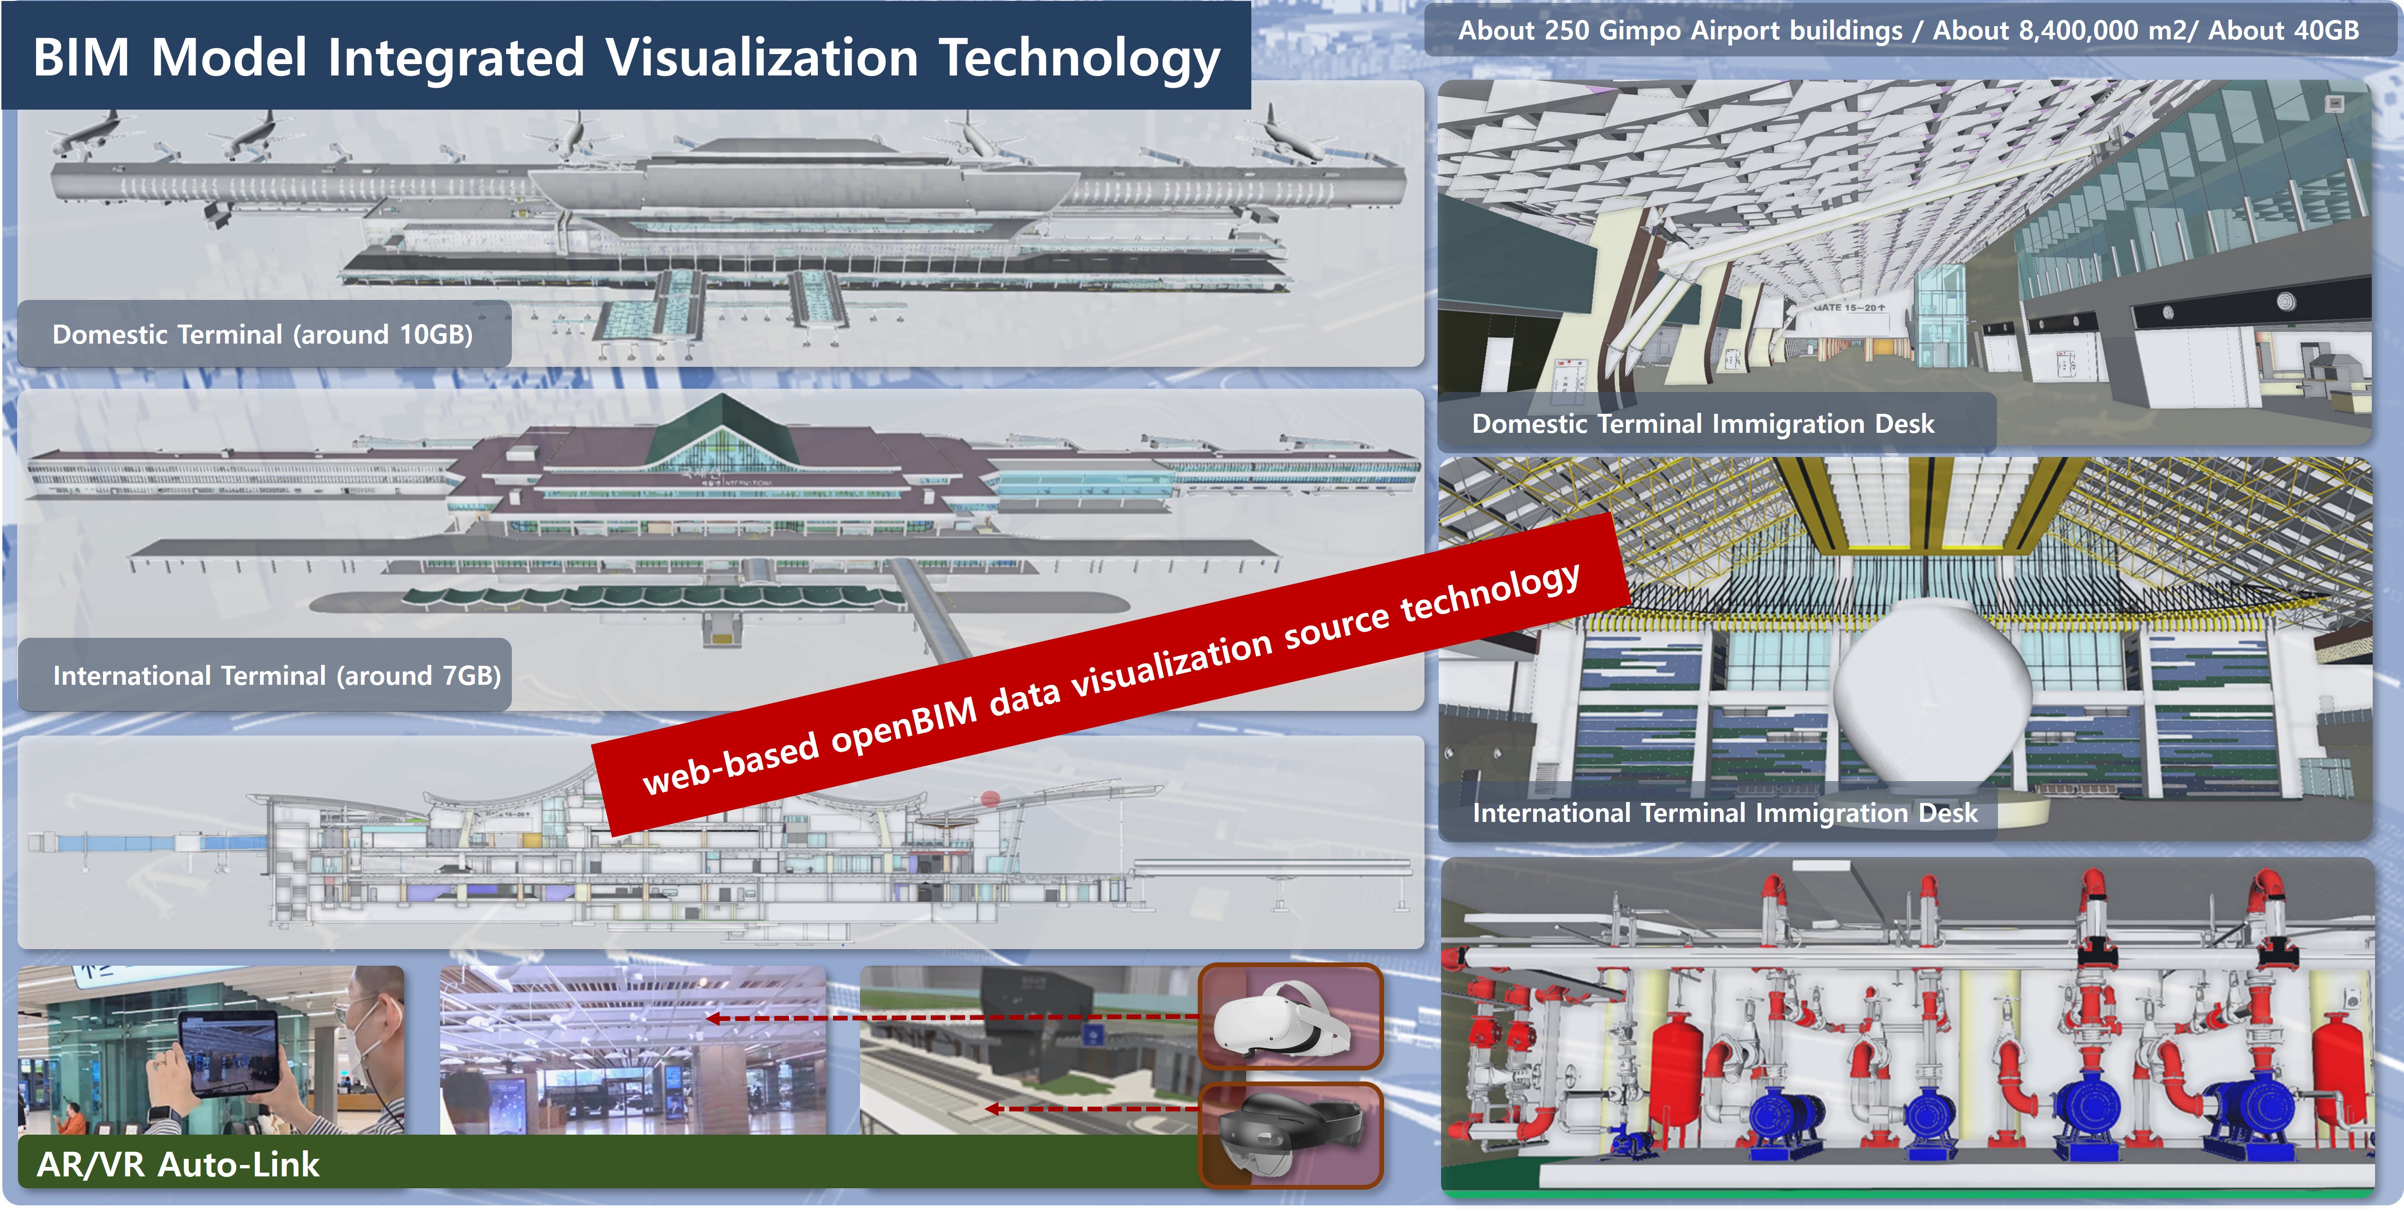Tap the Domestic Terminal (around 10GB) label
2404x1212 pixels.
pyautogui.click(x=262, y=334)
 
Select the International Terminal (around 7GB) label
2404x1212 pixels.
pyautogui.click(x=276, y=675)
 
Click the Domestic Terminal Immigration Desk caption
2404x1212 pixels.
pyautogui.click(x=1703, y=424)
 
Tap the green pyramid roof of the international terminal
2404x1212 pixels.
pyautogui.click(x=721, y=431)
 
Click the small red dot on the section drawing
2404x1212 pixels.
pyautogui.click(x=990, y=799)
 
